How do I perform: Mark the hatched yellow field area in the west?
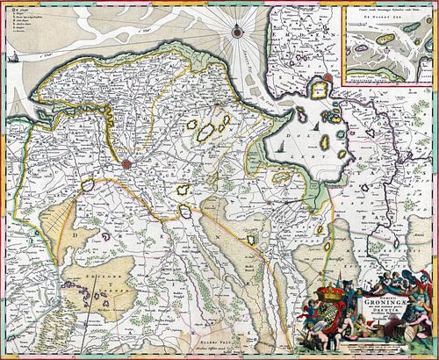coord(48,237)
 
